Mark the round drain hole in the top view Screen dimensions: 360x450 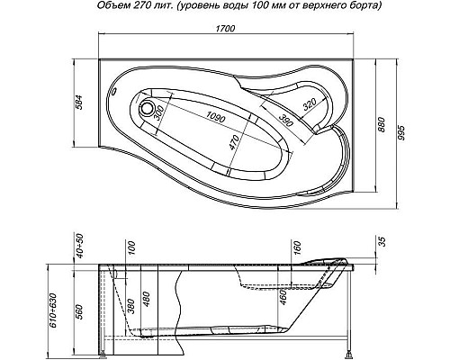point(149,111)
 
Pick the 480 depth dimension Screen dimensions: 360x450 point(146,299)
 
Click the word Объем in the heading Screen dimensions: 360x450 point(112,6)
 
